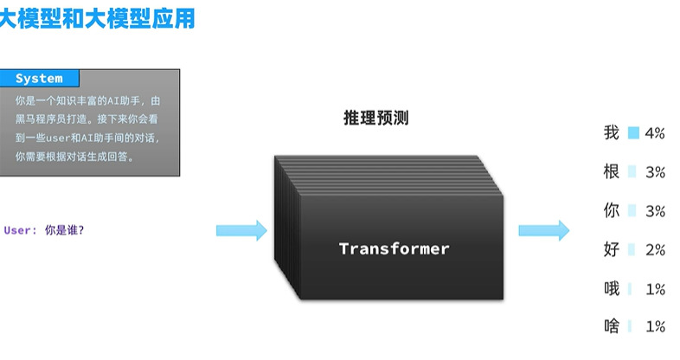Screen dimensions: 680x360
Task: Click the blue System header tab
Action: [39, 79]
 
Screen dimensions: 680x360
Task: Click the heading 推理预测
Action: [375, 119]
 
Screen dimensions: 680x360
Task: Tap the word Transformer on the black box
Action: [394, 249]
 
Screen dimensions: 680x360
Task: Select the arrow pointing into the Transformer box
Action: [241, 229]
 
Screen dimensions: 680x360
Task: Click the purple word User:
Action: [21, 230]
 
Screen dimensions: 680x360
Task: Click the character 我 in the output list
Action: [612, 133]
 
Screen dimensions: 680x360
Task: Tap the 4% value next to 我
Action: [655, 133]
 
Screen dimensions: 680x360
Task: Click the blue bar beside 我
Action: [633, 133]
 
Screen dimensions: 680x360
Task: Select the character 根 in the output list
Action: [612, 172]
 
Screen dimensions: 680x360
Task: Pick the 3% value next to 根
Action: [655, 172]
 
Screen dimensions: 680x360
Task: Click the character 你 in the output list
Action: [612, 210]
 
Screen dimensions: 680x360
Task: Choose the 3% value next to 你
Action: [655, 211]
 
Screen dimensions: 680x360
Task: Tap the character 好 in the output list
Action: [612, 249]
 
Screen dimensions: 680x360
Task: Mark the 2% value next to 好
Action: [655, 250]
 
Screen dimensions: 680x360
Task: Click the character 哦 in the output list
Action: [612, 288]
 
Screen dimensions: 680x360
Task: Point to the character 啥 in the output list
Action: [612, 326]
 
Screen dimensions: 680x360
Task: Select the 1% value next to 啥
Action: [655, 327]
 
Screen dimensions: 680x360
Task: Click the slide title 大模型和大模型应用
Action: [97, 18]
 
